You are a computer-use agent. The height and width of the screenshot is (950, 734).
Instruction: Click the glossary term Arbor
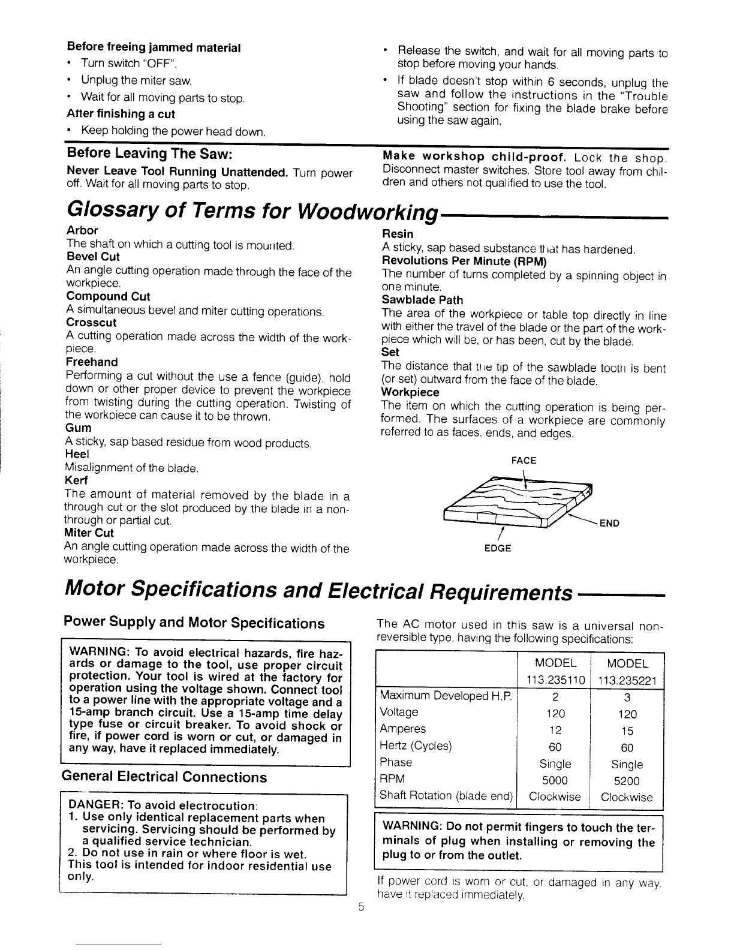82,230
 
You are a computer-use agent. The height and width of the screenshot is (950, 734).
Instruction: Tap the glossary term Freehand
91,362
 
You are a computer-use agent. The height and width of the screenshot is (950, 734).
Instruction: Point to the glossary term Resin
398,234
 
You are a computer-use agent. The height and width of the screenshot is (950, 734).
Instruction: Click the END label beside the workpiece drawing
609,523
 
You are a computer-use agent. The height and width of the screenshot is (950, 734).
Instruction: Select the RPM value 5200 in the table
627,781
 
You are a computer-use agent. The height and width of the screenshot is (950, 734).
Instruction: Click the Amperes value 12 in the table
555,730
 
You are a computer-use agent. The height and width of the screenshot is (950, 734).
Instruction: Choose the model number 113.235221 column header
627,680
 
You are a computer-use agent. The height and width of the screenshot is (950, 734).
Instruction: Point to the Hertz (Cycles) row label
416,746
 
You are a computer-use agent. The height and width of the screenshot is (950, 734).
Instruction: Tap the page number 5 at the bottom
360,906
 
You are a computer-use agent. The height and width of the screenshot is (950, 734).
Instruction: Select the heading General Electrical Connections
165,777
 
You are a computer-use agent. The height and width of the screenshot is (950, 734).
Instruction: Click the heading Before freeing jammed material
154,47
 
